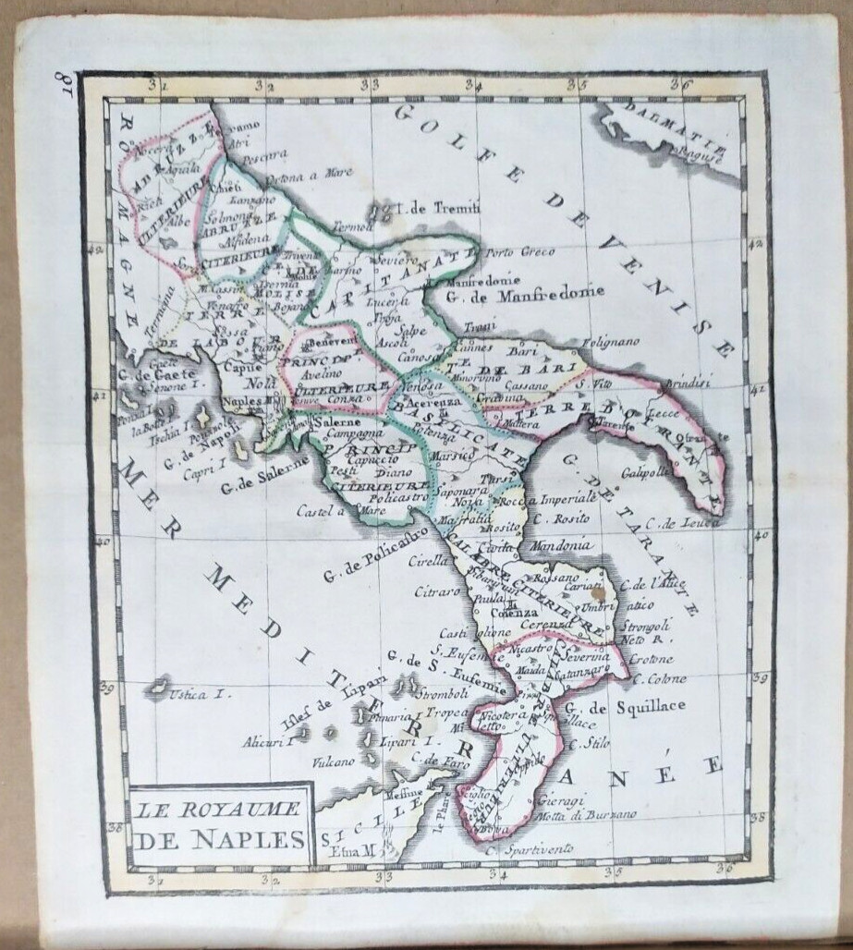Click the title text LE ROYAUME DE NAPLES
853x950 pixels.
[220, 825]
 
